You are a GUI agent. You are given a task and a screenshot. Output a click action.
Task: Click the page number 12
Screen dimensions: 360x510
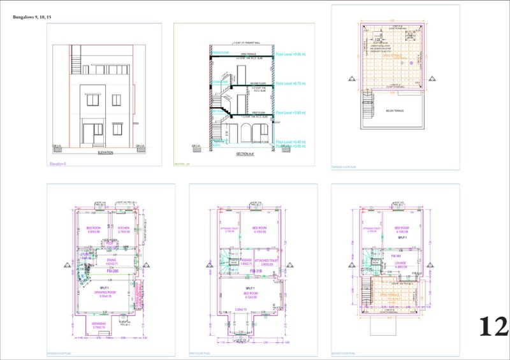pos(494,327)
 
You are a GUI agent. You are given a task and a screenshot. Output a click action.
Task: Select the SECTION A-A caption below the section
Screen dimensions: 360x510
pos(245,153)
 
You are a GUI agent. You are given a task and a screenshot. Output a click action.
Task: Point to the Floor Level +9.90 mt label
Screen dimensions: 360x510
pos(291,55)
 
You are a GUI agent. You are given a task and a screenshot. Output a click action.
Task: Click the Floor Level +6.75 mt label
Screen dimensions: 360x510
pos(291,83)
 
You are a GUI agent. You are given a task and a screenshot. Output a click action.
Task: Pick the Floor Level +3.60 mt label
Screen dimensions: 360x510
pos(291,113)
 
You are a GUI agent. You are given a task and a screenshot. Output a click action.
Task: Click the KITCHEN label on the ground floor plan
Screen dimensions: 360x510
pos(123,227)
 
